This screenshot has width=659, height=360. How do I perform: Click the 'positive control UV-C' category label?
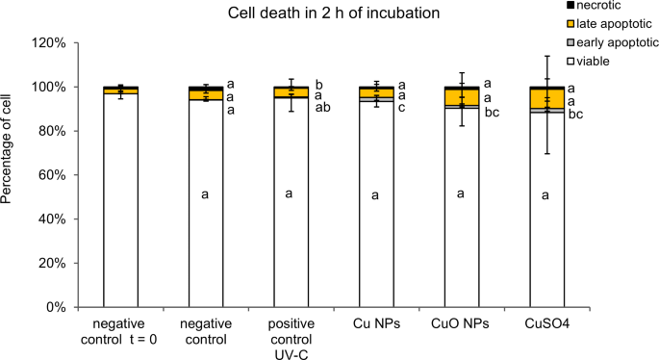[x=290, y=332]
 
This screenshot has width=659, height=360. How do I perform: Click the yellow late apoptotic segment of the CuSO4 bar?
[x=546, y=98]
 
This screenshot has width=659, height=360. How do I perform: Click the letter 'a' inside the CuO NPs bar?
[x=461, y=193]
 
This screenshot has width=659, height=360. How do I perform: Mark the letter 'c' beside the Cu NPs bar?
[x=405, y=108]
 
